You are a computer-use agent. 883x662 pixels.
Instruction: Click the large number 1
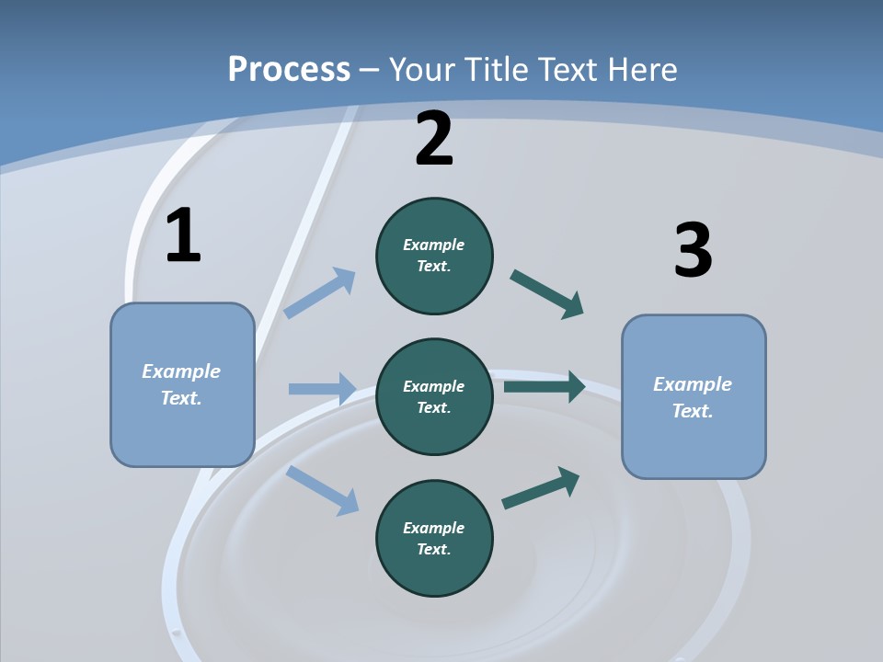point(183,236)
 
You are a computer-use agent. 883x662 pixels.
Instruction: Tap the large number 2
point(434,139)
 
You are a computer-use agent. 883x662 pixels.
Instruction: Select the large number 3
point(693,251)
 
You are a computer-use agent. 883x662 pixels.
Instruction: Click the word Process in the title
point(289,69)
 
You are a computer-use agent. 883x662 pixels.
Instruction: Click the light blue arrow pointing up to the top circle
point(320,293)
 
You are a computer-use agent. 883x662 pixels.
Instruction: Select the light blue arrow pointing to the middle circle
point(322,389)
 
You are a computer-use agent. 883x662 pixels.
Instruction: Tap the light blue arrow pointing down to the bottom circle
point(322,490)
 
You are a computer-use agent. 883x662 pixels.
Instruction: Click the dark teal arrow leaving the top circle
point(547,294)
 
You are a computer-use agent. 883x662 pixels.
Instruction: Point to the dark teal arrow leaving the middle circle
point(545,386)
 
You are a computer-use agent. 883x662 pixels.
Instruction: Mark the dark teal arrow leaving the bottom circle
point(541,488)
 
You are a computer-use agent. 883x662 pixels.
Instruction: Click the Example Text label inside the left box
point(181,384)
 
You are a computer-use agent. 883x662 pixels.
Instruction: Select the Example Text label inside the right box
point(693,397)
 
